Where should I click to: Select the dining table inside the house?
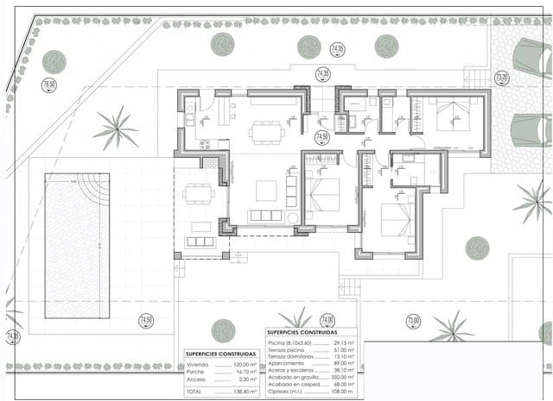pos(267,132)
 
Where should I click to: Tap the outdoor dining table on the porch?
pos(200,193)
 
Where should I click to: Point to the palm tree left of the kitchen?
pos(115,128)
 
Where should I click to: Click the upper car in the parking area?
pos(532,59)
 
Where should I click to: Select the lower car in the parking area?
pos(531,130)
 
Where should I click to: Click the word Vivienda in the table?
pos(197,365)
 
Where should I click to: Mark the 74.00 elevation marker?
pos(327,319)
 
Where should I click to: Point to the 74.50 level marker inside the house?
pos(321,137)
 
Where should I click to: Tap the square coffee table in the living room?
pos(265,191)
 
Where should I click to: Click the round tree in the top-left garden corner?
pos(54,61)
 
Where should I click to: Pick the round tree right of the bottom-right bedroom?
pos(477,248)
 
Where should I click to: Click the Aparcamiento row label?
pos(288,363)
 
